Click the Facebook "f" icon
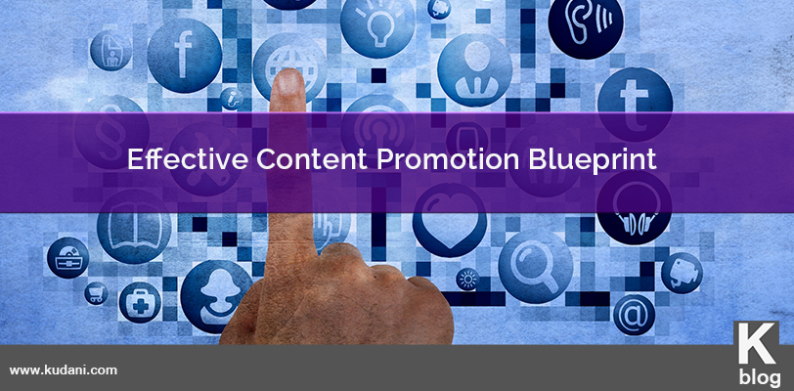click(x=184, y=55)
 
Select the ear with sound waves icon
click(x=586, y=22)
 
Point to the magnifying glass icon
click(x=536, y=267)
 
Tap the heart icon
click(x=450, y=219)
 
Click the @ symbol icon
click(x=634, y=315)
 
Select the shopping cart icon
click(x=96, y=292)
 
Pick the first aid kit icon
click(x=140, y=302)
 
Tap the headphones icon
click(x=634, y=207)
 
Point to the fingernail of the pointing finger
click(x=288, y=83)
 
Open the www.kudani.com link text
click(x=64, y=370)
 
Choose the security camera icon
click(x=682, y=273)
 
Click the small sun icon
click(x=466, y=279)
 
